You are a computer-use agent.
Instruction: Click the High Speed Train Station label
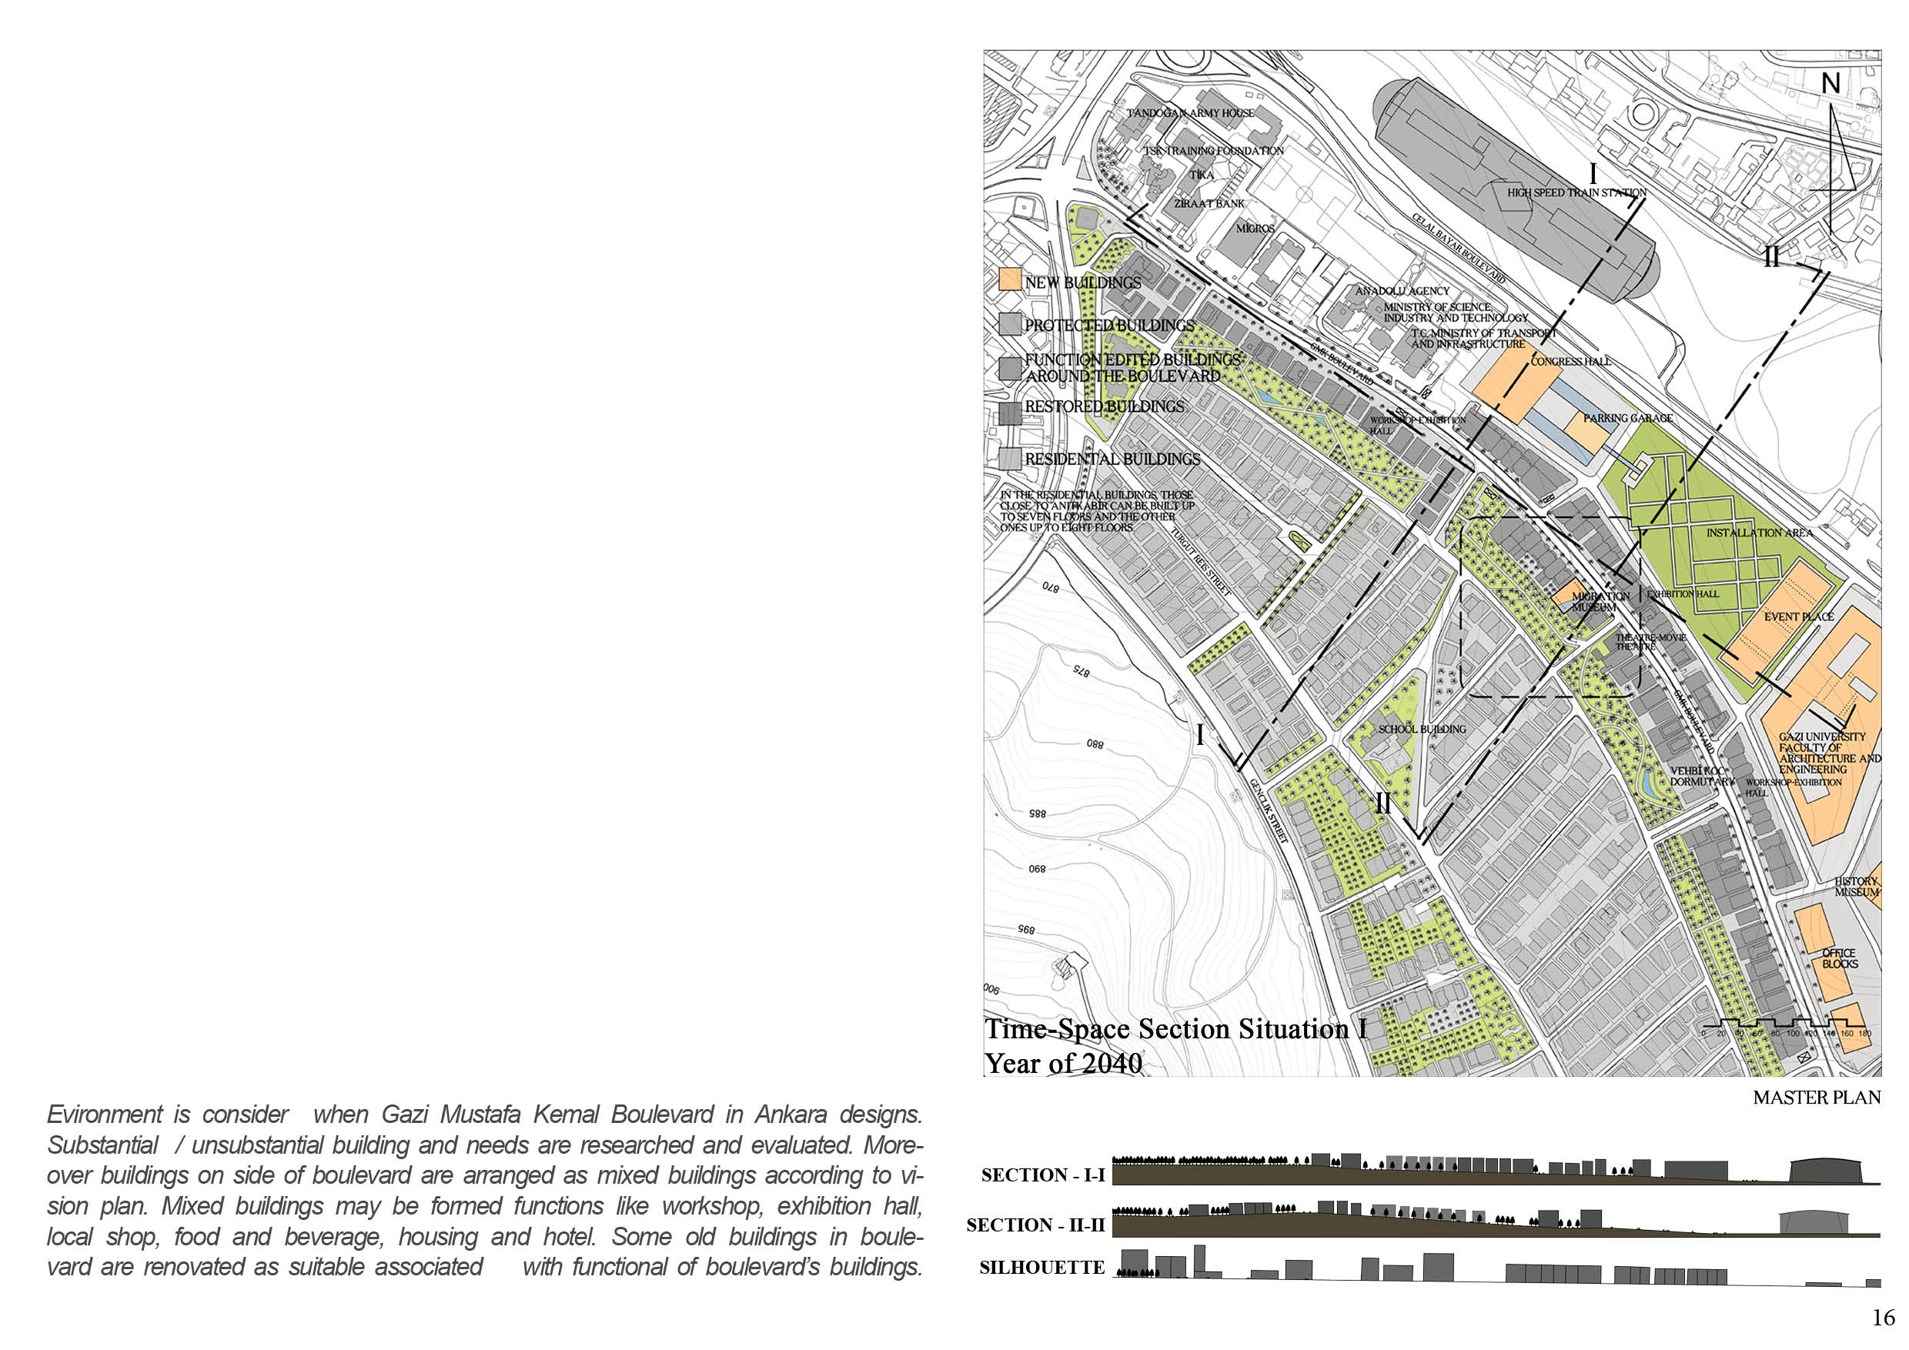[x=1576, y=193]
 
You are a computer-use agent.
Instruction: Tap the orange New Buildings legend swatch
[x=1010, y=279]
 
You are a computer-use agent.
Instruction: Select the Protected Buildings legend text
[x=1109, y=326]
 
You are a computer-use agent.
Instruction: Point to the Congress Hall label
[x=1570, y=362]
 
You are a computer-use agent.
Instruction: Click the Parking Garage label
[x=1627, y=418]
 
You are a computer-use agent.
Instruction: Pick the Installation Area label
[x=1758, y=533]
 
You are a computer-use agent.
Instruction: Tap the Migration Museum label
[x=1600, y=602]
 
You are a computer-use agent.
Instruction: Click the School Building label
[x=1422, y=729]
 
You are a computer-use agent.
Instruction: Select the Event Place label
[x=1798, y=617]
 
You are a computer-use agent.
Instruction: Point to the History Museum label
[x=1857, y=887]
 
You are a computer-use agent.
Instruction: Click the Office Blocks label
[x=1839, y=958]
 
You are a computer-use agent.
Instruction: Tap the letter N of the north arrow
[x=1830, y=84]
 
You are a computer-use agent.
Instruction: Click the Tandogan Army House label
[x=1191, y=113]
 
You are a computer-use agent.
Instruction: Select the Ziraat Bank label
[x=1209, y=204]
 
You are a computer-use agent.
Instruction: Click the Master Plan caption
[x=1816, y=1098]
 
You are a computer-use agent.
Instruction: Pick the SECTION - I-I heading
[x=1042, y=1175]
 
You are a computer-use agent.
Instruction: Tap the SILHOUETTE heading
[x=1041, y=1268]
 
